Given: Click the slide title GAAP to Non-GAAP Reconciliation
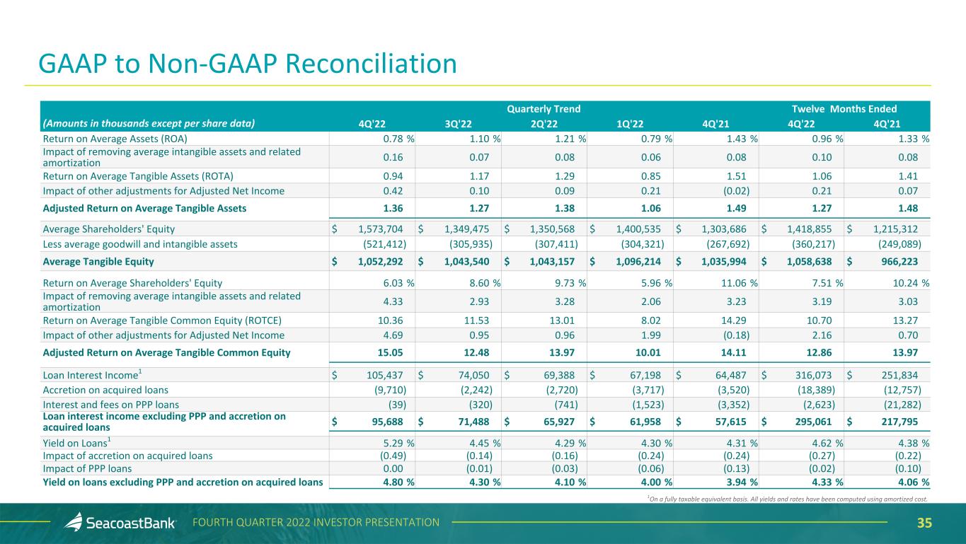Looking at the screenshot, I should click(x=248, y=64).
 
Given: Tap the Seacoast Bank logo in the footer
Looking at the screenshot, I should click(x=120, y=523).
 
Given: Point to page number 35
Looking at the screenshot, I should click(x=924, y=523).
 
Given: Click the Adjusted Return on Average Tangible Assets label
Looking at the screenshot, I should click(x=144, y=208).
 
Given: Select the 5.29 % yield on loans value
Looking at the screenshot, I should click(x=397, y=443).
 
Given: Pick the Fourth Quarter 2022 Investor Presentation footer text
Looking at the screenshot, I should click(x=316, y=523).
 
